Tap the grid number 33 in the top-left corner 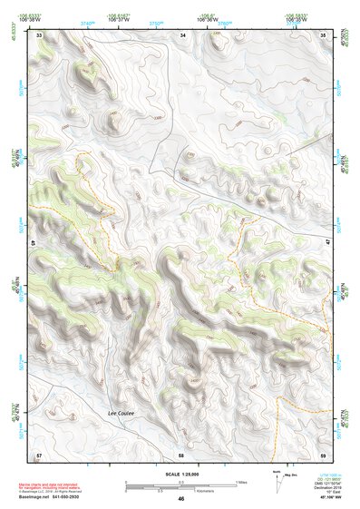pos(39,34)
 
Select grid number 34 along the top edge pos(183,34)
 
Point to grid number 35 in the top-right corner pos(323,34)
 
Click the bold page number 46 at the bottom pos(181,499)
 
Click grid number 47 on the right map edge pos(326,243)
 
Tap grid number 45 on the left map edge pos(34,243)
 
